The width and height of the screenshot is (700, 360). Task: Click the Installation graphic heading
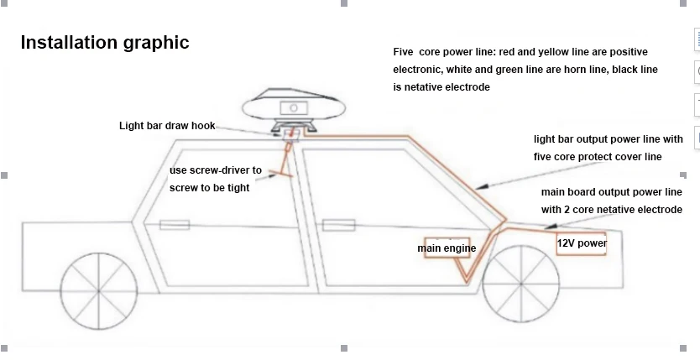[x=105, y=43]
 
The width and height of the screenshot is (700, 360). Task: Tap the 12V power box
[x=582, y=243]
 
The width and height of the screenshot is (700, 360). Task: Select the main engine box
[x=447, y=248]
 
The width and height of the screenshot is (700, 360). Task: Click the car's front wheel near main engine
[x=521, y=284]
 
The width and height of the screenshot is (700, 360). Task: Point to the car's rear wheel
[x=99, y=291]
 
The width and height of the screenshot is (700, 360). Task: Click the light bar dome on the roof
[x=294, y=107]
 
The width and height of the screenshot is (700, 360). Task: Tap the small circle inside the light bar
[x=294, y=108]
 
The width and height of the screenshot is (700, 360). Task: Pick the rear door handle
[x=175, y=224]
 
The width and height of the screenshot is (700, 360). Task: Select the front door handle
[x=339, y=225]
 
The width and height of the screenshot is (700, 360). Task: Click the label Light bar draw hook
[x=167, y=126]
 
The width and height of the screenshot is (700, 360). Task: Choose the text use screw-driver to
[x=215, y=170]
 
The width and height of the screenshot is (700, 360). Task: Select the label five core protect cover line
[x=598, y=157]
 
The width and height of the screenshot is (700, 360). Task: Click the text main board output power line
[x=612, y=192]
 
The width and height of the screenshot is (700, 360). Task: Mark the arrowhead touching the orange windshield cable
[x=480, y=187]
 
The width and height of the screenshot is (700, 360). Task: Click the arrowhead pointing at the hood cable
[x=550, y=226]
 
